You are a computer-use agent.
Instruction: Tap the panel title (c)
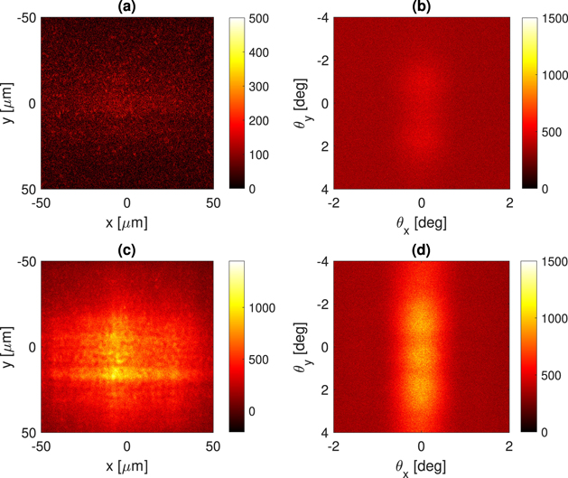click(126, 250)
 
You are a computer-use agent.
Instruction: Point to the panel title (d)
click(421, 250)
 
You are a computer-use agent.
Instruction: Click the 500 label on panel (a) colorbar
click(256, 17)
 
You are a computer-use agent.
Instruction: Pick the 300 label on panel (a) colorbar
click(256, 86)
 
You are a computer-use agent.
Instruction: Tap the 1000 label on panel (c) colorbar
click(263, 307)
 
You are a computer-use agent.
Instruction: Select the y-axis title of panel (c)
click(9, 347)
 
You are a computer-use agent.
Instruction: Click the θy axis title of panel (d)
click(301, 347)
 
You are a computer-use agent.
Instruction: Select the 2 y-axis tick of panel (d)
click(322, 389)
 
